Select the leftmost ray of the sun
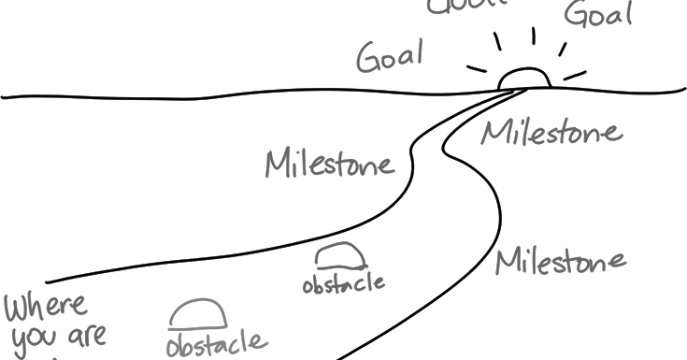click(478, 70)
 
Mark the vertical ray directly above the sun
click(533, 36)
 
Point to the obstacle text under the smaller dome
click(343, 282)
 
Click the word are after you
click(87, 335)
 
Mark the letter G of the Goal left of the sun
click(367, 58)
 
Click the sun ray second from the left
click(498, 43)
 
